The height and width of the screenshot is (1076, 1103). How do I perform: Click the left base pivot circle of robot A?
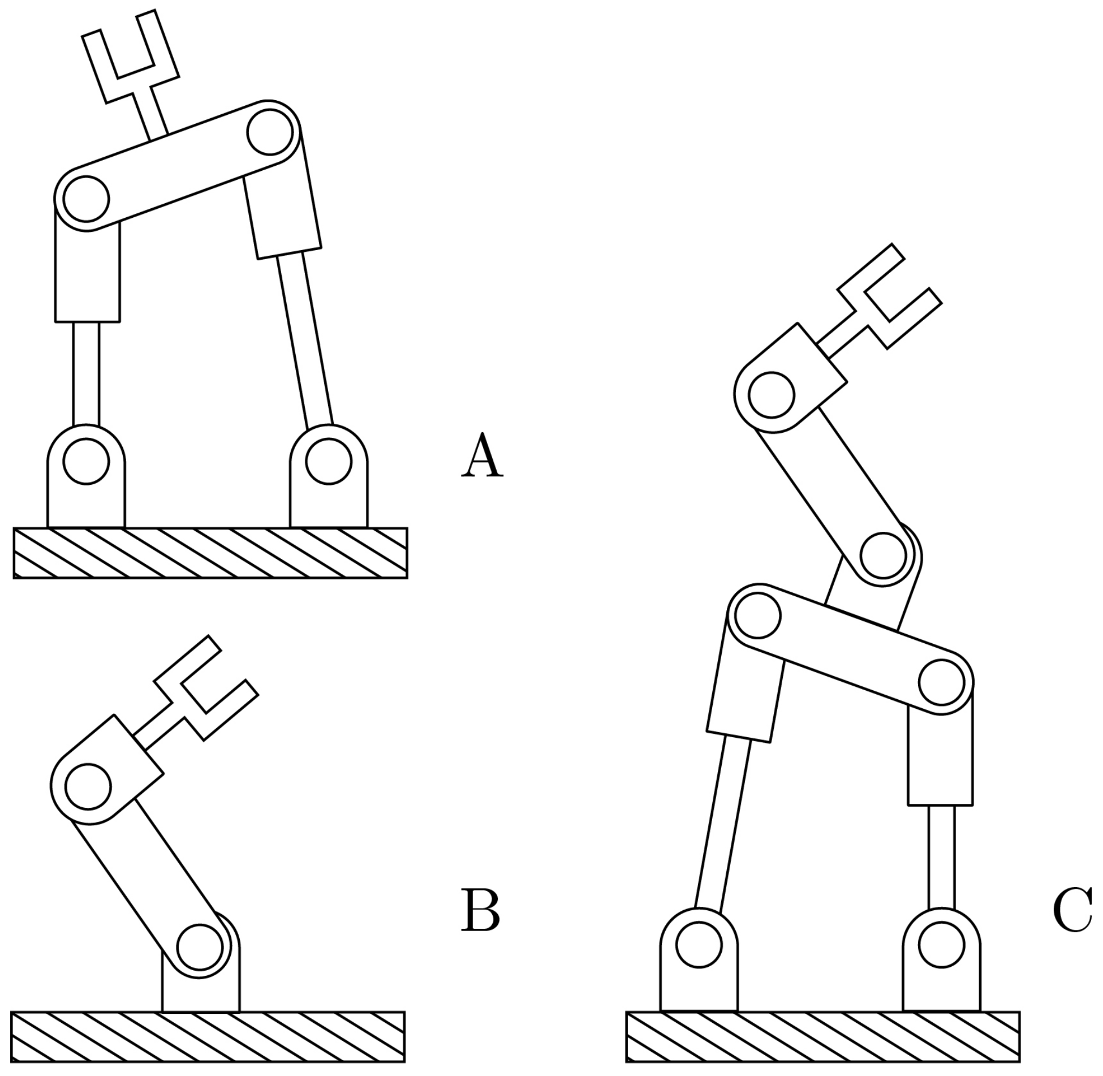pyautogui.click(x=86, y=461)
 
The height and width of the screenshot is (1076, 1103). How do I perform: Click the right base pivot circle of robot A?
pyautogui.click(x=329, y=461)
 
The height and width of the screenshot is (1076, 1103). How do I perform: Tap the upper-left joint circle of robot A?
pyautogui.click(x=86, y=199)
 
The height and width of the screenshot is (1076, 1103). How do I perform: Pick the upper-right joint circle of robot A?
pyautogui.click(x=270, y=132)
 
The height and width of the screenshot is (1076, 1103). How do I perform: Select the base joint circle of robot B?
pyautogui.click(x=199, y=947)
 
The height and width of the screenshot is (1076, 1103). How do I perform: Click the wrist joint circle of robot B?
pyautogui.click(x=88, y=786)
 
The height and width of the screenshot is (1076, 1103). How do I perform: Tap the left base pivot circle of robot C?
pyautogui.click(x=699, y=945)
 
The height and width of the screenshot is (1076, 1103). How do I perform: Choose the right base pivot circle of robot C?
pyautogui.click(x=941, y=945)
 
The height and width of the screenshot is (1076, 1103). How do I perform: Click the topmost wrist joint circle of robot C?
pyautogui.click(x=772, y=395)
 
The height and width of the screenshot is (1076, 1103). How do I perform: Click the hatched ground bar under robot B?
pyautogui.click(x=208, y=1036)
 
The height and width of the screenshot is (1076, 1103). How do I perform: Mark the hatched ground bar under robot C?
pyautogui.click(x=823, y=1036)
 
